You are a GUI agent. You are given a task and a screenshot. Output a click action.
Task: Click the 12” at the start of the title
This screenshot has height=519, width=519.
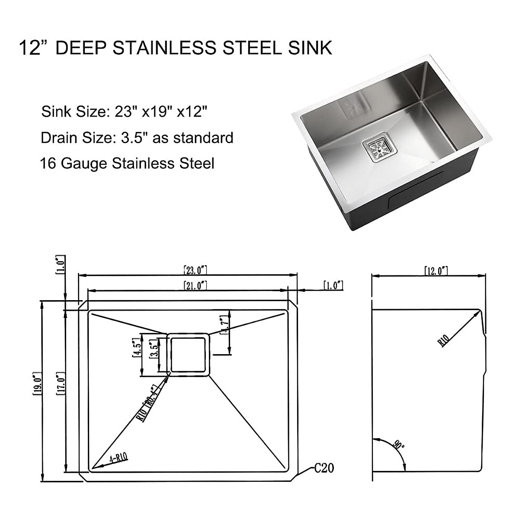33,48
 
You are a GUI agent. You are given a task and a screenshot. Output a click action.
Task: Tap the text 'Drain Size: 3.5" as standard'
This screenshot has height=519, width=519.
137,138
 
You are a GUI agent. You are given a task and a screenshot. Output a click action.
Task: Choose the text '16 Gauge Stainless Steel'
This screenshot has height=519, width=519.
127,163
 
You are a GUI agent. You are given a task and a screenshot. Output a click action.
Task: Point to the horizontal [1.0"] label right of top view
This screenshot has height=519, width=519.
333,285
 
